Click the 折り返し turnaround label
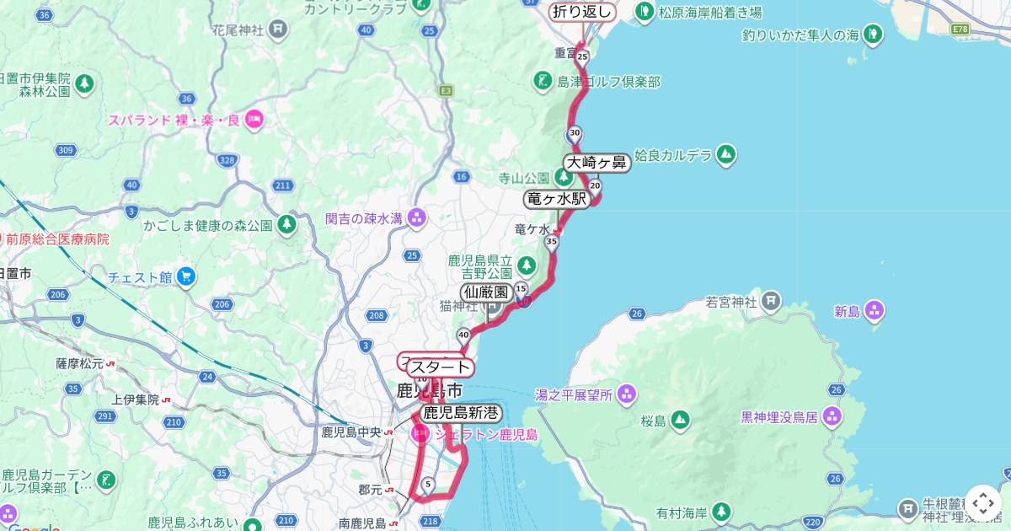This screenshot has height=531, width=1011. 582,12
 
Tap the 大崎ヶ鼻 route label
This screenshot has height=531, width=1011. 596,163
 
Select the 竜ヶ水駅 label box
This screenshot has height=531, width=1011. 556,199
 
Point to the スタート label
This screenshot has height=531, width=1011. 440,367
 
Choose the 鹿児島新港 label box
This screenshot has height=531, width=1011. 461,413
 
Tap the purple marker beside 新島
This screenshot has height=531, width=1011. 875,311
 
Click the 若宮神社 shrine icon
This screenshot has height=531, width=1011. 771,300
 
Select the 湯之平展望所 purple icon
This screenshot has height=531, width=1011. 626,394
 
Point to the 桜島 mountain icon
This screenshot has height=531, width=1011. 680,420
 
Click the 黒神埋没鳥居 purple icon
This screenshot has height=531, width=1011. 832,415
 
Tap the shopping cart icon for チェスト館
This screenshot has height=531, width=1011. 186,276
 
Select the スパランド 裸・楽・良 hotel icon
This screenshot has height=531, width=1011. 254,119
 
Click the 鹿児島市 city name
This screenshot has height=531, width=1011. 430,391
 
